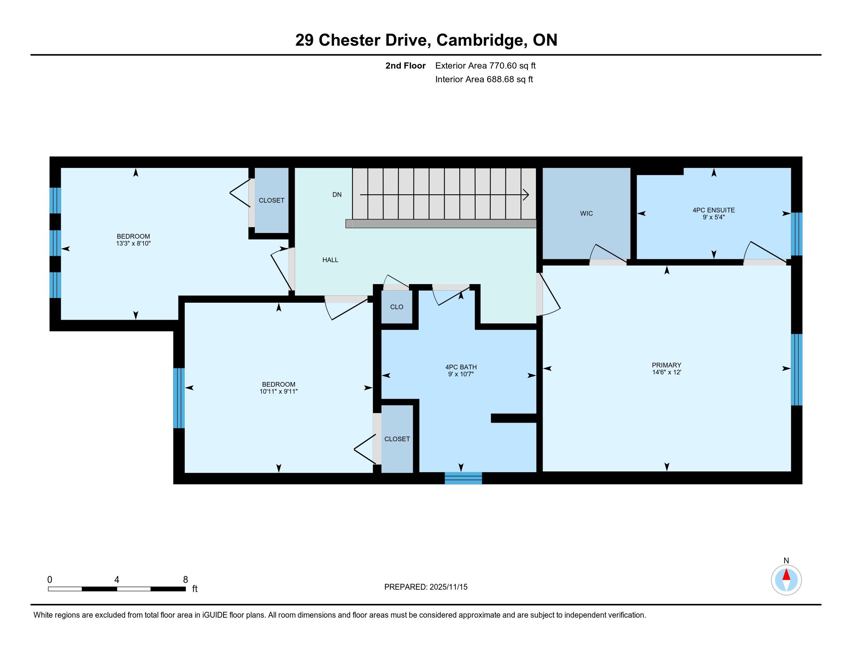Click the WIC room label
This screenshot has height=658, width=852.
586,213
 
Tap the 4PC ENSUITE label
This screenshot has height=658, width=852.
713,210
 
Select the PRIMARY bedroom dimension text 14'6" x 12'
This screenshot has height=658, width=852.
666,372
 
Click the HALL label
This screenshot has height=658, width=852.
330,260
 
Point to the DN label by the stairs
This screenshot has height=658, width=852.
337,195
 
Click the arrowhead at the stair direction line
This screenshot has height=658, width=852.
526,195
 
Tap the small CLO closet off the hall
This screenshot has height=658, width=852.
397,307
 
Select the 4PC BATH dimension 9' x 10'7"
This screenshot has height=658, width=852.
461,374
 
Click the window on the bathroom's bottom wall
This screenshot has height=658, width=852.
464,478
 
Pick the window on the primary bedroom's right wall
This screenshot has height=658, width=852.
797,370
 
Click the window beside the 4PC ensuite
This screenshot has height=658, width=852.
797,234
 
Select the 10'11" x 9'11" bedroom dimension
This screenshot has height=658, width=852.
278,391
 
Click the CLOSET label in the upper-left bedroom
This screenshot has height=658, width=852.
271,200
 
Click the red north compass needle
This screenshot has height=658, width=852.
787,575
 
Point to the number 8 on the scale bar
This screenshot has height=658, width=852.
185,580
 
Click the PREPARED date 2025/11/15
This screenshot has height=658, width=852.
448,587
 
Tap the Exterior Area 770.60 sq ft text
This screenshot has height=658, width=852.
485,66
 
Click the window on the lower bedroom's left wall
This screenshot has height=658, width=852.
179,398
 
